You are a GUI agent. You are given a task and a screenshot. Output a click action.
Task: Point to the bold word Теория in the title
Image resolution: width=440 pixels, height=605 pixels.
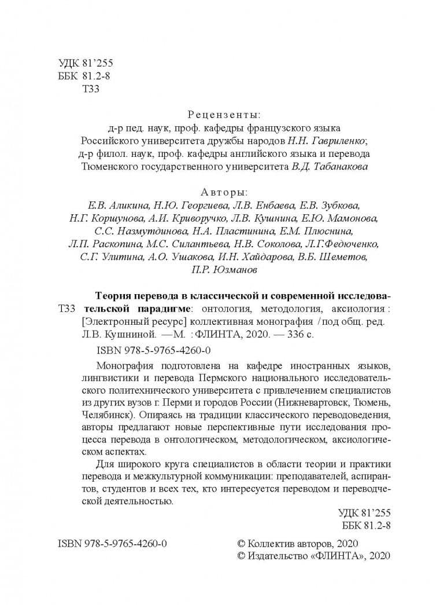tap(112, 294)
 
